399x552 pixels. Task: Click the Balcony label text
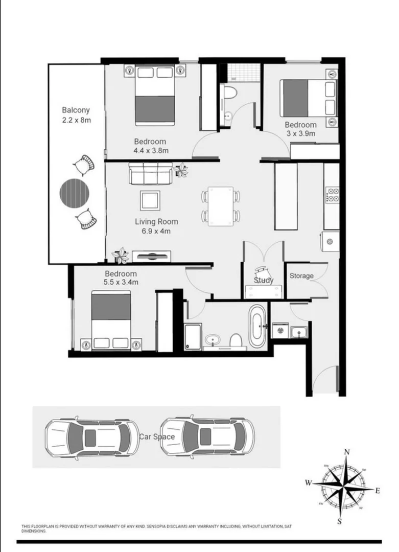coord(76,110)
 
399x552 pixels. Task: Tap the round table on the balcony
coord(75,193)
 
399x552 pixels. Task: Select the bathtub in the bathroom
coord(257,326)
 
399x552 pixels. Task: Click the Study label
coord(264,280)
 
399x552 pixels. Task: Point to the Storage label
coord(301,276)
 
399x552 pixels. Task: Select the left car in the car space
coord(92,437)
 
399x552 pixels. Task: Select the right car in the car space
coord(207,437)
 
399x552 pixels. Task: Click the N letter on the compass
coord(347,452)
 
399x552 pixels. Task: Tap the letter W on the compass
coord(309,482)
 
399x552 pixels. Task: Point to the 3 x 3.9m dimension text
coord(300,134)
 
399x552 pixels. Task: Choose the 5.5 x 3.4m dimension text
coord(122,282)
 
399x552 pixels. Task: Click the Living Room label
coord(156,222)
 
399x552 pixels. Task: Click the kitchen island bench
coord(286,196)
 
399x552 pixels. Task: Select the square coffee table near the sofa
coord(150,200)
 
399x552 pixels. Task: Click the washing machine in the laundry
coord(279,331)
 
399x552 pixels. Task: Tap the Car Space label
coord(157,437)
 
